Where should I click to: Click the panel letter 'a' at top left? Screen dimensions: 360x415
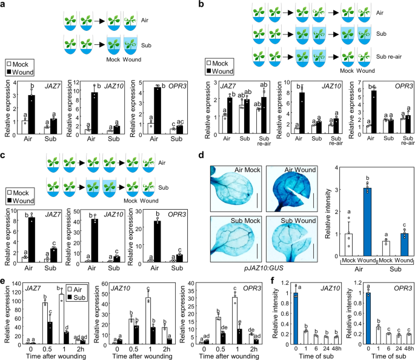click(4, 5)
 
